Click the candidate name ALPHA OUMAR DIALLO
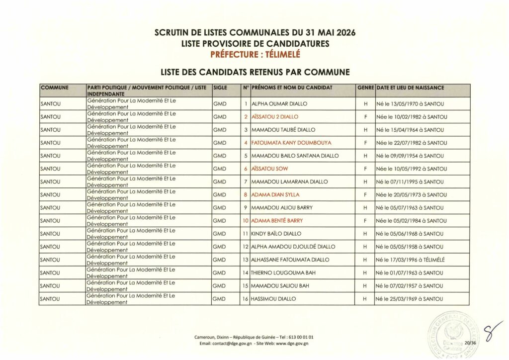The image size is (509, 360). pos(280,104)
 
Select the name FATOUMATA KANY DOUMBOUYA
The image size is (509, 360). pos(291,143)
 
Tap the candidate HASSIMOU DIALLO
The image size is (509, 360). pos(274,299)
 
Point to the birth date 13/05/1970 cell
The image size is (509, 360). pos(410,104)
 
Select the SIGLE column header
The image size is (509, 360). pos(220,88)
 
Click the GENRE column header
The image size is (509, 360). pos(365,88)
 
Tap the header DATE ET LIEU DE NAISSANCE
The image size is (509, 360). pos(411,88)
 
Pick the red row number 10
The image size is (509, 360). pos(245,221)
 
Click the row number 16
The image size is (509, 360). pos(245,299)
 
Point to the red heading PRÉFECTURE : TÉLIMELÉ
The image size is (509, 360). pos(255,54)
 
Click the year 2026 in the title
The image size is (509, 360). pos(344,33)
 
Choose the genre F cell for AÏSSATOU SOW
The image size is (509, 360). pos(365,169)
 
